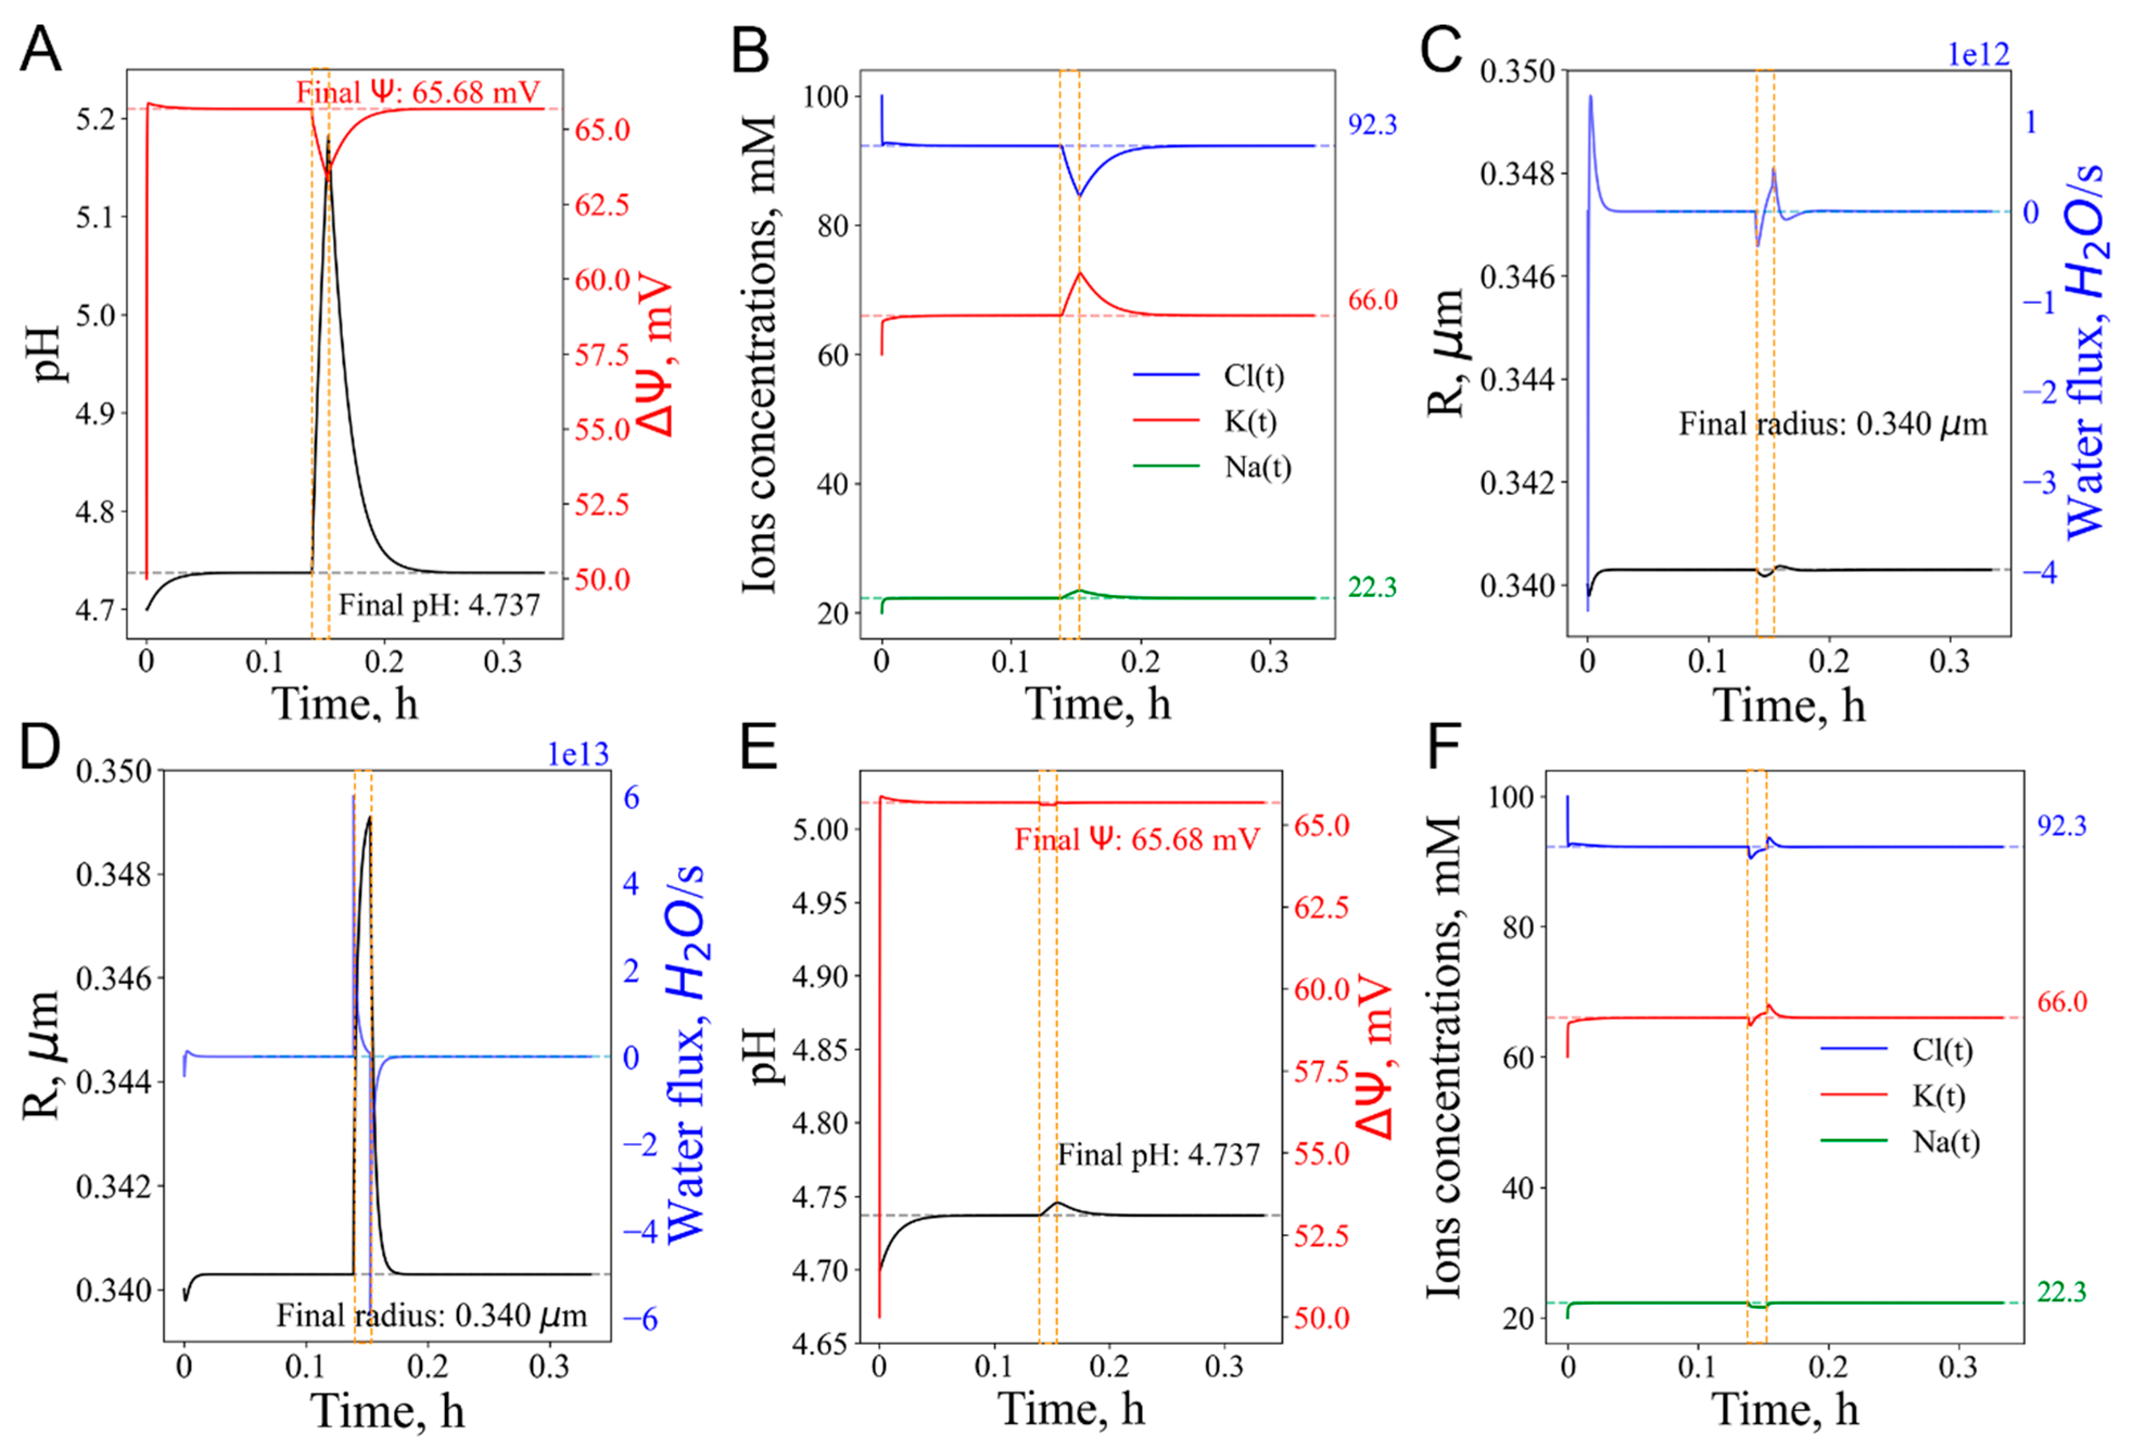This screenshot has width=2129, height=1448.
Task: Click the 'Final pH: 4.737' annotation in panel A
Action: click(439, 605)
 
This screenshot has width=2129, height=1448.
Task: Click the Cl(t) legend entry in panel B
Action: click(1253, 375)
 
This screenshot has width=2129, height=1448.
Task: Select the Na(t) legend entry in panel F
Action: click(1946, 1142)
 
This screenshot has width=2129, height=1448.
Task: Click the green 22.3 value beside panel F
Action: click(2061, 1292)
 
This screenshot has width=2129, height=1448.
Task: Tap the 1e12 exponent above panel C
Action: click(1978, 55)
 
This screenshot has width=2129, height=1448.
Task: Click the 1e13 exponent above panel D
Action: click(577, 754)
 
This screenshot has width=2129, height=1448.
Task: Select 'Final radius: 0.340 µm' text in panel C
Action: click(1832, 425)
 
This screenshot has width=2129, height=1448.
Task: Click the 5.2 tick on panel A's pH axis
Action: click(96, 120)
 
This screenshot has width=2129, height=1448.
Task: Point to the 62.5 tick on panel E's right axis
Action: click(1320, 907)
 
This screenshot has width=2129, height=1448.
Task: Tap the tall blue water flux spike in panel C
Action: click(1590, 101)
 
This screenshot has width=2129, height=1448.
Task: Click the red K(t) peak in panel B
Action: click(1080, 273)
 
